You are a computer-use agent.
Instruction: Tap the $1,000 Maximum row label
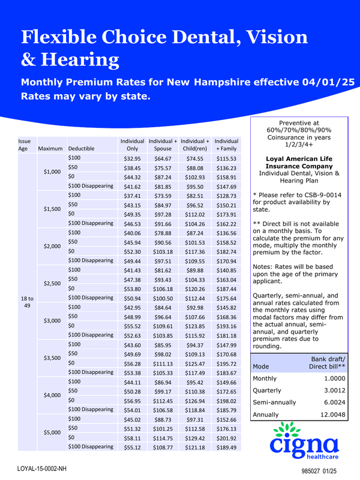click(x=53, y=172)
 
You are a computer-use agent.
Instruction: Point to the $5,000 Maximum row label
click(x=53, y=433)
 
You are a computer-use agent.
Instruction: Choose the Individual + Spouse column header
click(x=163, y=144)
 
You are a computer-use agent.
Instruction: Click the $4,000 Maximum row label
click(x=53, y=395)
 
